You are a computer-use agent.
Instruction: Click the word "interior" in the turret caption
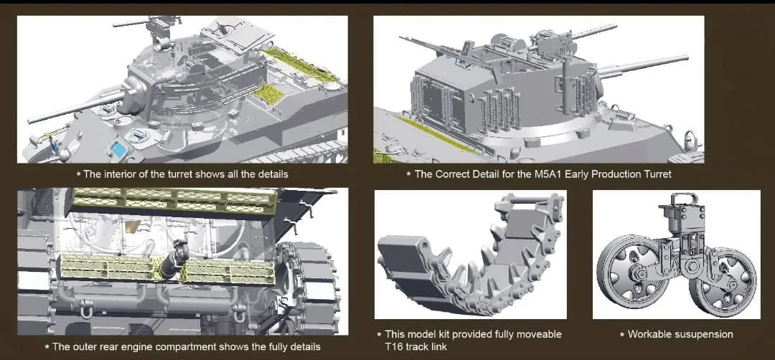(x=116, y=174)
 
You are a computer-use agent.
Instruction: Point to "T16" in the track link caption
(x=393, y=346)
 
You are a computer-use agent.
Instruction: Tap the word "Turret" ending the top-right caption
(x=659, y=174)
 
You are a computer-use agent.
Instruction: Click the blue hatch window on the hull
(x=118, y=148)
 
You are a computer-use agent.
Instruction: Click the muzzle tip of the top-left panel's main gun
(x=29, y=120)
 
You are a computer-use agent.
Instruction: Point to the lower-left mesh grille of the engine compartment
(x=106, y=267)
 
